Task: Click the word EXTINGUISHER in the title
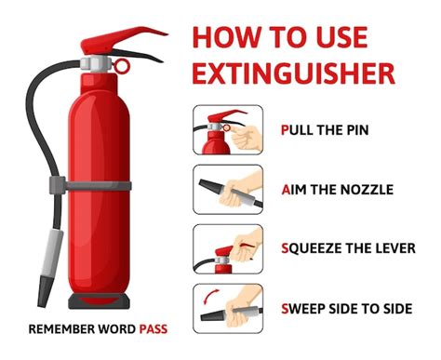point(293,73)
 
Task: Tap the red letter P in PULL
point(285,130)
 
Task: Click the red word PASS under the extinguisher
point(154,329)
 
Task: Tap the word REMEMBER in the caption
point(61,329)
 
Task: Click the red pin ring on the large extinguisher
point(121,66)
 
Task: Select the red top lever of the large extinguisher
point(124,39)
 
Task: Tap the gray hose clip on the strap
point(58,185)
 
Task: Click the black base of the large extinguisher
point(99,300)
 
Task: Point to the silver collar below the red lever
point(96,64)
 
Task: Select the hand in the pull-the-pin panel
point(247,137)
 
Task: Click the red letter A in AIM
point(286,190)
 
